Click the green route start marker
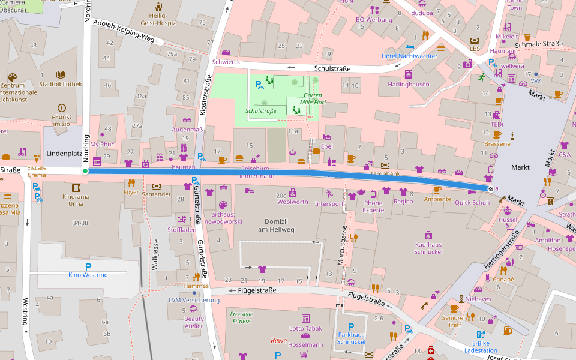pyautogui.click(x=85, y=171)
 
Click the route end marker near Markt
pyautogui.click(x=491, y=188)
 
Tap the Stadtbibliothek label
pyautogui.click(x=60, y=84)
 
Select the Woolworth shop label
pyautogui.click(x=292, y=202)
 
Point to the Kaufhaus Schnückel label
pyautogui.click(x=428, y=248)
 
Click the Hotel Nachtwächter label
pyautogui.click(x=409, y=56)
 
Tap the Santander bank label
pyautogui.click(x=157, y=194)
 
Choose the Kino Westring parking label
pyautogui.click(x=88, y=275)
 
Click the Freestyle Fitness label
pyautogui.click(x=242, y=317)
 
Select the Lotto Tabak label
pyautogui.click(x=305, y=328)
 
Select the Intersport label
pyautogui.click(x=329, y=203)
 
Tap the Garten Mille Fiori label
pyautogui.click(x=312, y=99)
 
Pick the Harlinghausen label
pyautogui.click(x=409, y=84)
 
